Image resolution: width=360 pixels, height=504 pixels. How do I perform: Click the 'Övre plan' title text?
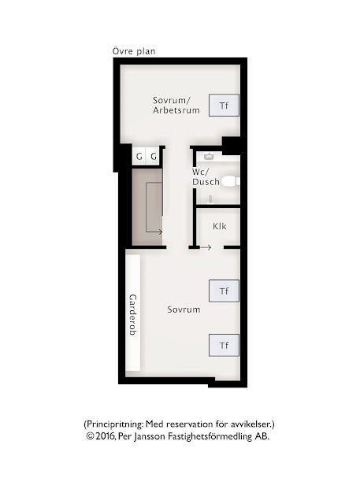point(134,51)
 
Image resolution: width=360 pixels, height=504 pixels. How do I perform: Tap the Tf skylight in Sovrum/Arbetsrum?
point(224,105)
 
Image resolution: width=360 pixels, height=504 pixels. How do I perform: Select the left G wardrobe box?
point(139,156)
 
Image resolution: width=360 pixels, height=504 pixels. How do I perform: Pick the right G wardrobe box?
point(154,156)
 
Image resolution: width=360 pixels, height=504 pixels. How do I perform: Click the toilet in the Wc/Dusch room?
point(231,182)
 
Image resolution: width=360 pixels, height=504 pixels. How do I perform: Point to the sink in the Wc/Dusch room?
point(209,157)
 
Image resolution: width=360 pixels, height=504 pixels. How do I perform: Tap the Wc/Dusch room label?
point(206,176)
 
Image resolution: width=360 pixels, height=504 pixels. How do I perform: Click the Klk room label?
point(220,226)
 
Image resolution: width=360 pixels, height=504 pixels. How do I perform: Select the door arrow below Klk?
point(206,247)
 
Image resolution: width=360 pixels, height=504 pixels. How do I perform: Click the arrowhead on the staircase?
point(161,232)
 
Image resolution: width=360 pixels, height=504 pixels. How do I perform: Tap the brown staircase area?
point(147,207)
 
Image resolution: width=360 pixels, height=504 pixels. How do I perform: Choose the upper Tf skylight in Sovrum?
point(224,291)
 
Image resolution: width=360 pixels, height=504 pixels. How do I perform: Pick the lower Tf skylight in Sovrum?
point(224,345)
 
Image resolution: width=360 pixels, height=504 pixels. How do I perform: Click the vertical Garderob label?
point(133,315)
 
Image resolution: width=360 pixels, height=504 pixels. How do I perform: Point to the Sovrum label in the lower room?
point(184,309)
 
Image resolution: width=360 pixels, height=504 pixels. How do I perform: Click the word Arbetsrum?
point(176,110)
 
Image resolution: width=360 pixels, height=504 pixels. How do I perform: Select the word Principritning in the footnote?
point(114,424)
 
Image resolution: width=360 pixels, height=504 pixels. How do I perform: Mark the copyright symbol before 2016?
point(90,436)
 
